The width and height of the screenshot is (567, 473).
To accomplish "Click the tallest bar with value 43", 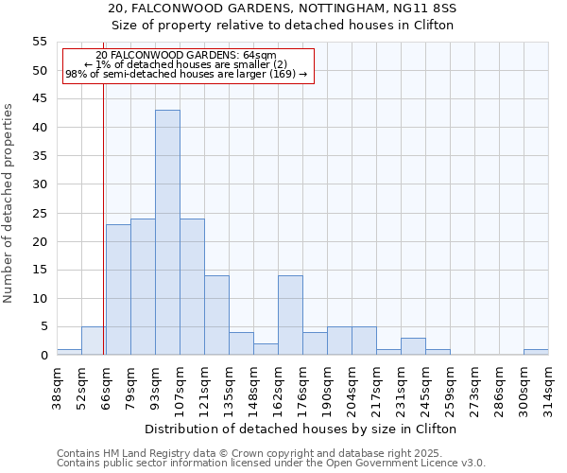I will pyautogui.click(x=167, y=233).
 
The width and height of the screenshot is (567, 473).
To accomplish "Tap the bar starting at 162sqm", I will pyautogui.click(x=290, y=315).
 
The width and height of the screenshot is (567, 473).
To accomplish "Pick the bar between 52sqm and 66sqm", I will pyautogui.click(x=94, y=341).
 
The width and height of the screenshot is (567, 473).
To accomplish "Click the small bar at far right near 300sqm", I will pyautogui.click(x=536, y=352).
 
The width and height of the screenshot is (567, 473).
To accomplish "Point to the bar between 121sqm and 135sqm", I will pyautogui.click(x=216, y=315).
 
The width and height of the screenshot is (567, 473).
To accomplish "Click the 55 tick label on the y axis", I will pyautogui.click(x=39, y=42).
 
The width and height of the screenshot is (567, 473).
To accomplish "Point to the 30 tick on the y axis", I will pyautogui.click(x=39, y=184).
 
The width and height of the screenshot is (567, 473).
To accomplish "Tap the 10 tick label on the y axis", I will pyautogui.click(x=39, y=299).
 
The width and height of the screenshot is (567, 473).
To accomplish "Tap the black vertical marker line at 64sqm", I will pyautogui.click(x=103, y=236).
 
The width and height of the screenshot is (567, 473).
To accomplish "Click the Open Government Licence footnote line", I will pyautogui.click(x=271, y=463).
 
